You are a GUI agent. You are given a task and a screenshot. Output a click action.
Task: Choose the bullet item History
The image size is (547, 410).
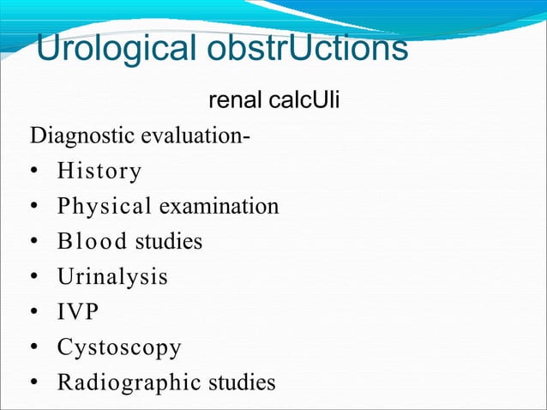tap(99, 172)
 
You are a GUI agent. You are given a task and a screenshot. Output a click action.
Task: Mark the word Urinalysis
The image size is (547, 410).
tap(112, 277)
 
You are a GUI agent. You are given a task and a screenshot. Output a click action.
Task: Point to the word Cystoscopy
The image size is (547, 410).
tap(119, 347)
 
